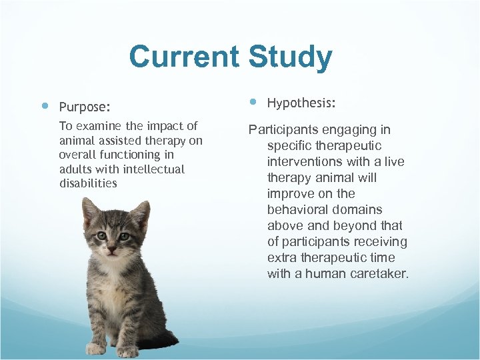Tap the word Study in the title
[x=290, y=58]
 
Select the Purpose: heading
[x=85, y=107]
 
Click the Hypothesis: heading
[x=301, y=103]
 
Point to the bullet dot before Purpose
[x=44, y=105]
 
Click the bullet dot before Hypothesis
[x=253, y=102]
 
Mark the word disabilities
[x=88, y=183]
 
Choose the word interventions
[x=306, y=161]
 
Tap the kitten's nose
[x=112, y=246]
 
